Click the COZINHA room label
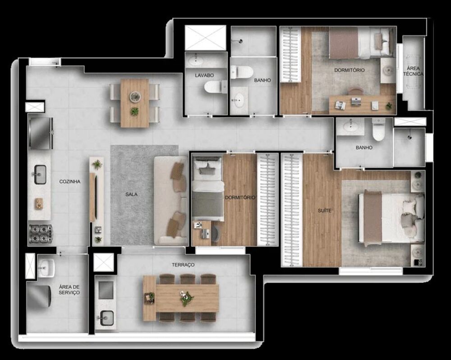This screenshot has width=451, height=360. (70, 182)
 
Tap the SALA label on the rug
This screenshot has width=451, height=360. (131, 194)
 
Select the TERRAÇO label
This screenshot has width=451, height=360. (183, 265)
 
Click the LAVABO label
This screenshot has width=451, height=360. (204, 75)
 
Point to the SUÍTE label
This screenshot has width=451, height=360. (324, 211)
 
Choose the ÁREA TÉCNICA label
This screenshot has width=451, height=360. (413, 71)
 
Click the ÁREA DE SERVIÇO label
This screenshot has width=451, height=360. (69, 290)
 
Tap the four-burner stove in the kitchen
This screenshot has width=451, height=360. (41, 234)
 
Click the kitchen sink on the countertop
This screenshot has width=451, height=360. (40, 175)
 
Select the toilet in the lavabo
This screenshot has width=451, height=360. (215, 87)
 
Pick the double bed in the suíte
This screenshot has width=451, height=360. (391, 217)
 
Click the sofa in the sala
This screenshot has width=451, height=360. (171, 201)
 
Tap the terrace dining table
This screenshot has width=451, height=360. (181, 298)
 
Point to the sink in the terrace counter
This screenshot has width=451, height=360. (107, 318)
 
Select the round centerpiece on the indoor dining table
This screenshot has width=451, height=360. (134, 96)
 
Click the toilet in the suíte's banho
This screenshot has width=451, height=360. (378, 130)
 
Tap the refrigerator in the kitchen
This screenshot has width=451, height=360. (40, 133)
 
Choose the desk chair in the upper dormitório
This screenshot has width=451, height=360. (356, 92)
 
